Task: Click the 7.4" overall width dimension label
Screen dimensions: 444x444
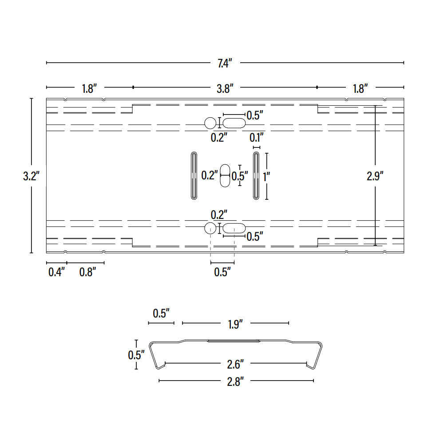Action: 225,63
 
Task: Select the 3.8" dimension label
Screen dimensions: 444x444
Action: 225,89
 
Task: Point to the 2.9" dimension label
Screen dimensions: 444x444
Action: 375,176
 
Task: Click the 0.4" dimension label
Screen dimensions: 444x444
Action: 56,272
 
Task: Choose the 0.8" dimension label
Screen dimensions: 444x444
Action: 87,272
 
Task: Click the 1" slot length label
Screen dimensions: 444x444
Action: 266,176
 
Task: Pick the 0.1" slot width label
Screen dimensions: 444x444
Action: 257,137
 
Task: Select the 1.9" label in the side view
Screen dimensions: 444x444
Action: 235,325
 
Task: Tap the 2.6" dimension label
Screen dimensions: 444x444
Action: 235,365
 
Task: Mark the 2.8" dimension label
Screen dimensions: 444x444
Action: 235,381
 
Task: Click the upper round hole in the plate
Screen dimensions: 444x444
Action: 210,123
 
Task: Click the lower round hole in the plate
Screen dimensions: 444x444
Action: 210,228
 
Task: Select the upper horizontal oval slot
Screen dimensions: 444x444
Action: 234,123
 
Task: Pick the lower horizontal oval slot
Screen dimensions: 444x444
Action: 234,228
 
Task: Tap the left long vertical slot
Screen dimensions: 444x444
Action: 194,175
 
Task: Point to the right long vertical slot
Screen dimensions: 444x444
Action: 256,175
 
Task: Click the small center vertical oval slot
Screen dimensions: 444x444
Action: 226,176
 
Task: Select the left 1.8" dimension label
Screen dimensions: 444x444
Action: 89,89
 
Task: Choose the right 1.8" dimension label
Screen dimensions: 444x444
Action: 360,89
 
